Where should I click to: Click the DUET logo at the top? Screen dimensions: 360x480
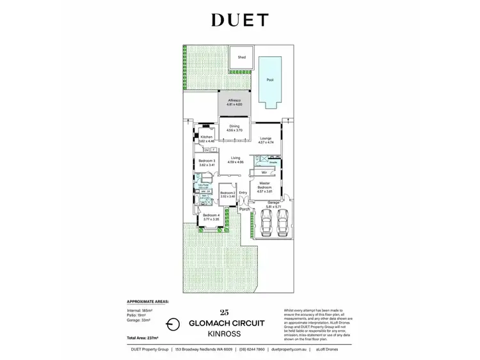239,20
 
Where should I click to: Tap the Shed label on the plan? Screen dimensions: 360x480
242,58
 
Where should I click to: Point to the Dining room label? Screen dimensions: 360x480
233,127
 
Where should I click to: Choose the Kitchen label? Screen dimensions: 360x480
207,137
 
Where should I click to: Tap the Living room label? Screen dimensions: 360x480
235,160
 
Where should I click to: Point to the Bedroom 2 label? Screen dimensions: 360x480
228,193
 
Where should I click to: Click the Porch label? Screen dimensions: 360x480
244,209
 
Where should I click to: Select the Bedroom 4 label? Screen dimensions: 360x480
211,215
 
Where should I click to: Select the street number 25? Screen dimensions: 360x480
223,312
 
